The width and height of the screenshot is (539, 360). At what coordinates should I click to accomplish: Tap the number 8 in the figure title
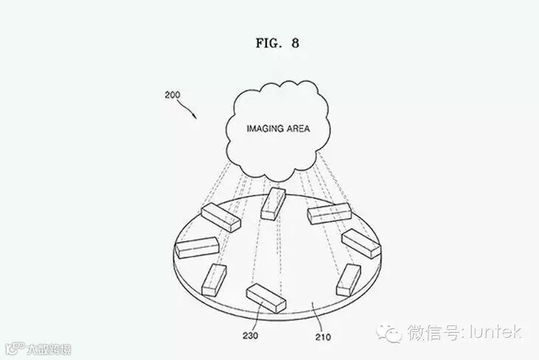click(x=295, y=43)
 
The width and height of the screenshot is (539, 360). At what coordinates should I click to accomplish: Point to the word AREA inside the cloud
click(x=294, y=128)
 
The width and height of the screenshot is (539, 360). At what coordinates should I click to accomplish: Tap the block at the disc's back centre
click(x=274, y=203)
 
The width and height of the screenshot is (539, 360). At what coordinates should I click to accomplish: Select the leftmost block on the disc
click(x=195, y=247)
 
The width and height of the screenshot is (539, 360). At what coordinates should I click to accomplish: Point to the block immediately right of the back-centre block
click(x=327, y=215)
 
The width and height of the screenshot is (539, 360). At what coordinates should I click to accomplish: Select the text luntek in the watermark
click(x=495, y=333)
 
